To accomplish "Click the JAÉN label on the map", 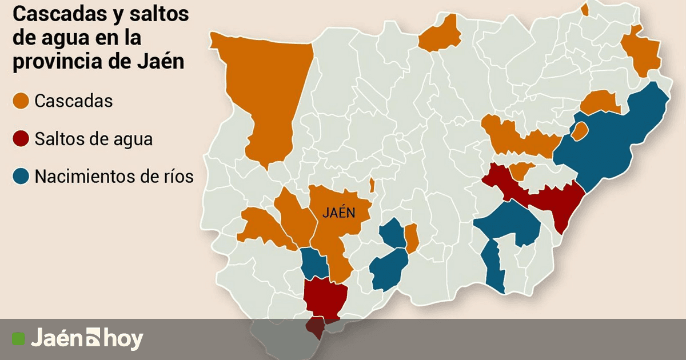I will [338, 213].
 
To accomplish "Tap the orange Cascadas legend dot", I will [21, 102].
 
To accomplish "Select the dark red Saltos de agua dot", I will [21, 139].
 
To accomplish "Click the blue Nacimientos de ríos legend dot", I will [21, 177].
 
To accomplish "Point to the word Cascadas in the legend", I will [73, 102].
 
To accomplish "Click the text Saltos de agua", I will [93, 139].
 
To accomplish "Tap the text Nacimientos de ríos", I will [114, 177].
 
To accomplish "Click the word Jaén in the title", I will [161, 61].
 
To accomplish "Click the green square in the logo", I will [19, 339].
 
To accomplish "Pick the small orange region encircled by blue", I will [580, 131].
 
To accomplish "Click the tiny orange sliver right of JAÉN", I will [372, 185].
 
